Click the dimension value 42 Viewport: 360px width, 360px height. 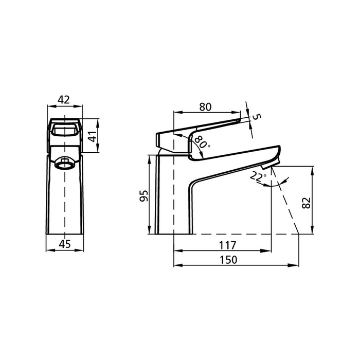click(64, 100)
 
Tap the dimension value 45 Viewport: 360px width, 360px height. click(65, 244)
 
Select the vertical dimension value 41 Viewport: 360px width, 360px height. click(92, 136)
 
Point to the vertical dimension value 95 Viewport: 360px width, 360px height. click(143, 195)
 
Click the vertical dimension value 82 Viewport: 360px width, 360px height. click(307, 203)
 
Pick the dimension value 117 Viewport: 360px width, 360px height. click(227, 245)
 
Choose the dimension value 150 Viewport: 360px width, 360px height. click(228, 260)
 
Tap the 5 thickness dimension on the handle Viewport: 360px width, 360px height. click(257, 117)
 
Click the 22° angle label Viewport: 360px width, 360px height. click(258, 176)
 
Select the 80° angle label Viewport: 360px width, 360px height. click(202, 142)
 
